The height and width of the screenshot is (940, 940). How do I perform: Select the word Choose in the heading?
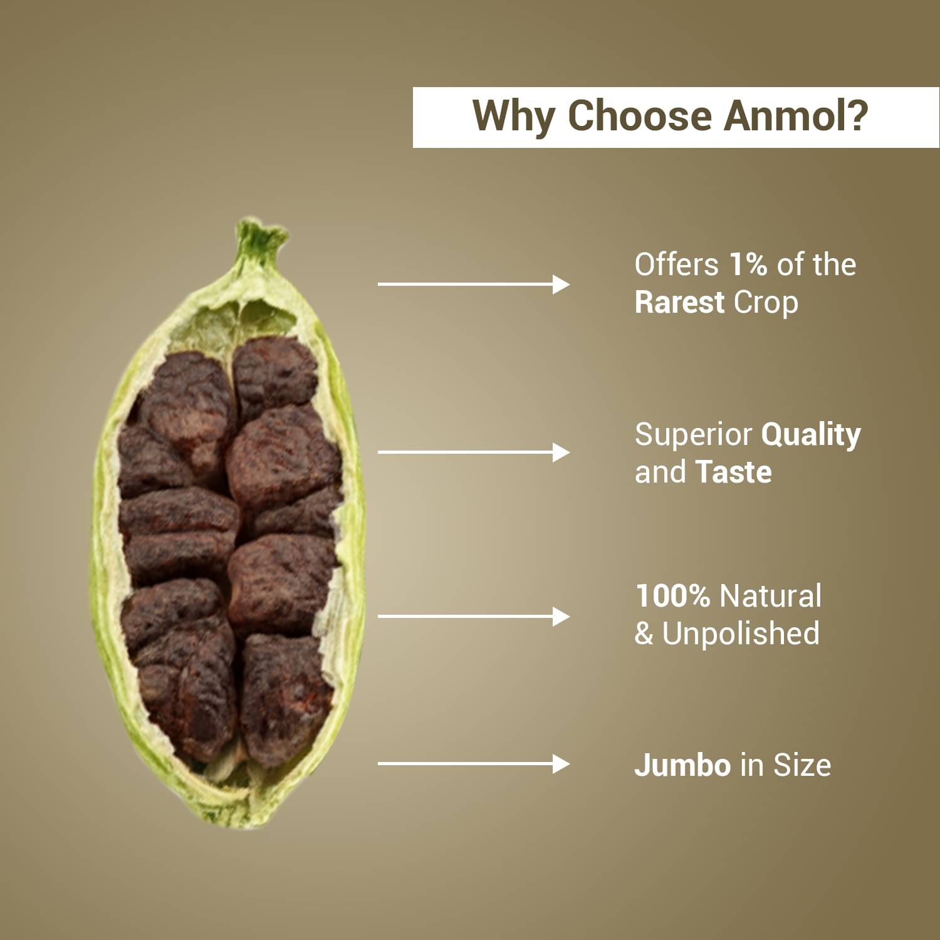coord(639,116)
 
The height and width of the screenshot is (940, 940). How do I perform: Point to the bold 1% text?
coord(748,264)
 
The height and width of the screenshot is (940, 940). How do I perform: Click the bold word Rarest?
coord(679,302)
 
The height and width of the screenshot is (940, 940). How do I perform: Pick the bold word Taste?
coord(734,472)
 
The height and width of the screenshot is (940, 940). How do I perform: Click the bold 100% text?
coord(672,596)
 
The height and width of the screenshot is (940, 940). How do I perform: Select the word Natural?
coord(771,596)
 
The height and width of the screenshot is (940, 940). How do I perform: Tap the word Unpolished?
coord(741,634)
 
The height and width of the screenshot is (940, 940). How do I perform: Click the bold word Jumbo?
coord(682,765)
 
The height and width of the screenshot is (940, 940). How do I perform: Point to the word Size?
coord(802,765)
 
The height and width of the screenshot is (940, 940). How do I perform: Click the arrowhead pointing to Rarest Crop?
coord(561,285)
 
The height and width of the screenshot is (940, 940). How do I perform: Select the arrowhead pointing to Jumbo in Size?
coord(561,764)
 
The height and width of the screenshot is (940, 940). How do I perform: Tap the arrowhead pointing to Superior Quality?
coord(561,452)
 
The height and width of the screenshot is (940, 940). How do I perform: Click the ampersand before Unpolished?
coord(644,634)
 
